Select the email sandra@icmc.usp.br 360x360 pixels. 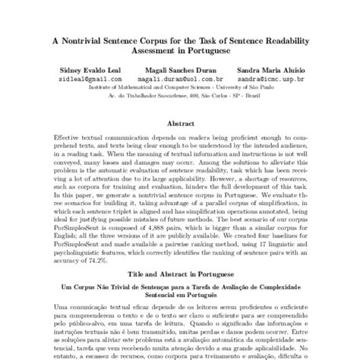[x=271, y=77]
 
